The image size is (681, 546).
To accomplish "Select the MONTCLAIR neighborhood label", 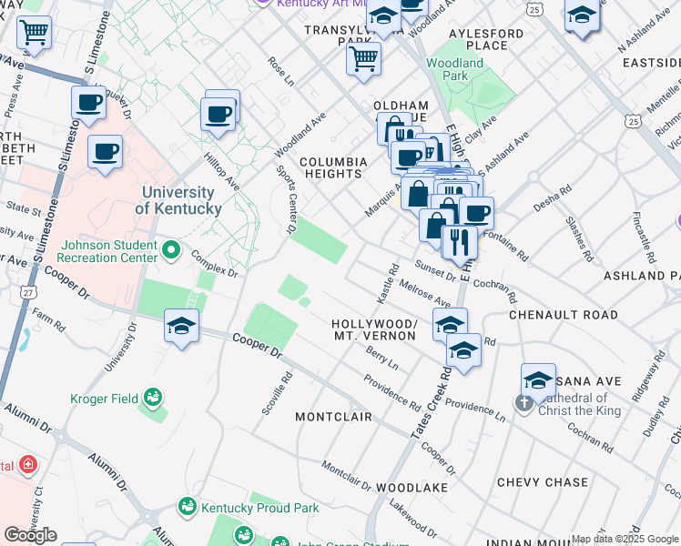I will tap(333, 417).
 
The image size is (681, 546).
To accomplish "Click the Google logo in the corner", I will tap(30, 534).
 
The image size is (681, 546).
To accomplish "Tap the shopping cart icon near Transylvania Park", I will tap(363, 59).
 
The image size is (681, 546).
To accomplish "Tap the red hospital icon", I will tap(28, 465).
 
